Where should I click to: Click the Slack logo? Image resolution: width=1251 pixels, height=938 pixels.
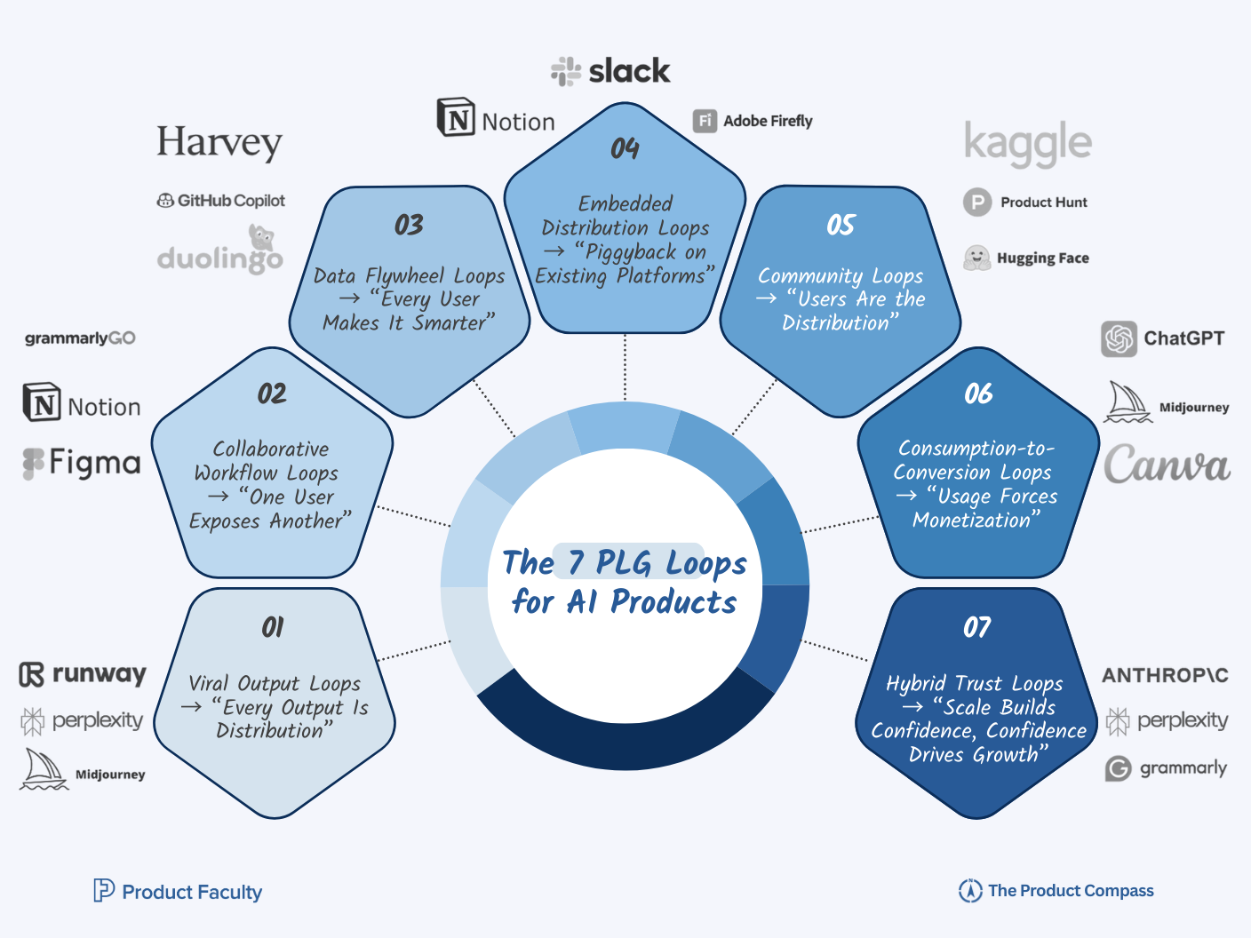click(610, 71)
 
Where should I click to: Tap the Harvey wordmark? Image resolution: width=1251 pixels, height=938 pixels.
click(219, 142)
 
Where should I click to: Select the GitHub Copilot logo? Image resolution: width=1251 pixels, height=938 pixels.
click(221, 201)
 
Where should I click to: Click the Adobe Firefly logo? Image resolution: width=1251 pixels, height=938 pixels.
click(753, 121)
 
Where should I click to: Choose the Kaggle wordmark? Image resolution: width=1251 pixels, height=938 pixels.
click(1028, 144)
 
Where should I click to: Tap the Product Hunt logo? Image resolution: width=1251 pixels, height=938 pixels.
click(1025, 203)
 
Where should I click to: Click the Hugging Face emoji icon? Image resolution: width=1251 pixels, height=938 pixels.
click(977, 258)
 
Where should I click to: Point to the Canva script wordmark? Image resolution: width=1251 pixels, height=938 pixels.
click(1167, 465)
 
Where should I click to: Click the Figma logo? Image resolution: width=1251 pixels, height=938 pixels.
click(82, 463)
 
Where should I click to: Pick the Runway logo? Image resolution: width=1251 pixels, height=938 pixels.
click(83, 674)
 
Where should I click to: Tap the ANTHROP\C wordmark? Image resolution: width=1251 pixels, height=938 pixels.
click(1165, 676)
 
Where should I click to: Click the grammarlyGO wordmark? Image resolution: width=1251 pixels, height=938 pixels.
click(80, 338)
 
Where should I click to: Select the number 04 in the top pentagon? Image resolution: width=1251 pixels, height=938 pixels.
click(625, 148)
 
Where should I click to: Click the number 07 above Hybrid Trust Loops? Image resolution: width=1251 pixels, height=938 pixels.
click(977, 628)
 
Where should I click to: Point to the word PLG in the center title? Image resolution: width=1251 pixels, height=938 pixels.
click(627, 562)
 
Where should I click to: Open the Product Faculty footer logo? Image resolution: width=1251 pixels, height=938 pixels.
click(178, 891)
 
